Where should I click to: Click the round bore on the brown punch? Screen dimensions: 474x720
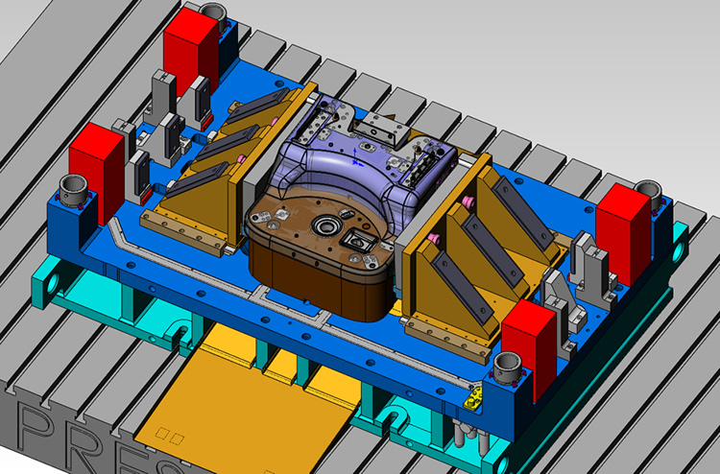pyautogui.click(x=323, y=227)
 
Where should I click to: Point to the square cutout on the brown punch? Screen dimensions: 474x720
pyautogui.click(x=361, y=241)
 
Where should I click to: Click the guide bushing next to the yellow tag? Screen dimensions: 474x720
pyautogui.click(x=506, y=366)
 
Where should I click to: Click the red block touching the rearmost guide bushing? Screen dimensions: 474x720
pyautogui.click(x=192, y=53)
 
